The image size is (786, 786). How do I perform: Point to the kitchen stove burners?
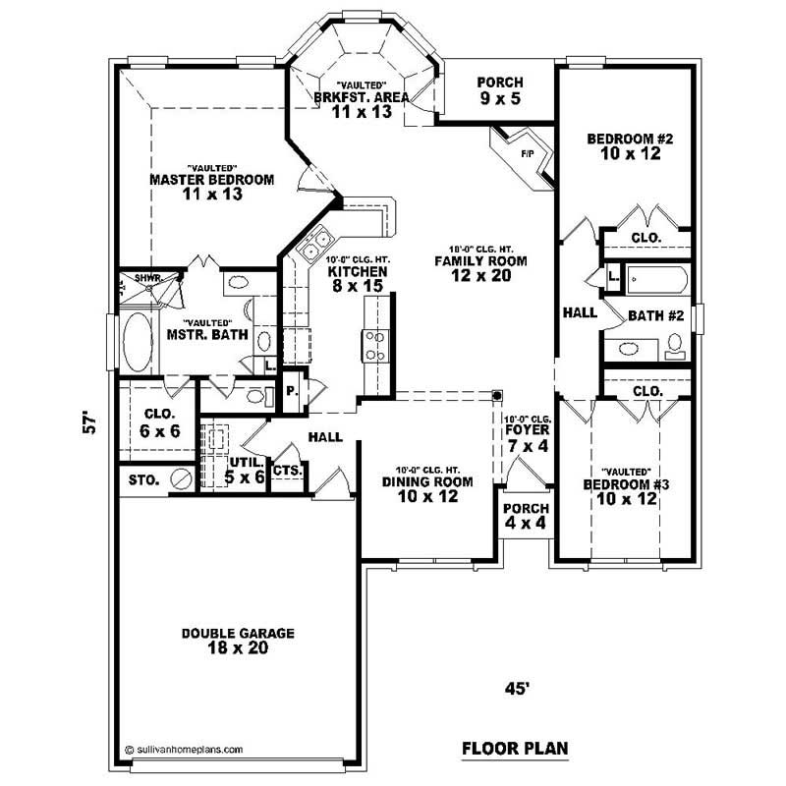coord(375,345)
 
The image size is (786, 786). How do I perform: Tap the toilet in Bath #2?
coord(675,345)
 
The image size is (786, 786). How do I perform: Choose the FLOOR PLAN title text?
coord(515,749)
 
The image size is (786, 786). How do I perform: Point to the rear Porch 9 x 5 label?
coord(500,91)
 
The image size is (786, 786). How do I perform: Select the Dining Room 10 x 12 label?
coord(427,488)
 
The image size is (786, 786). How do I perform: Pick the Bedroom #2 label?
coord(629,146)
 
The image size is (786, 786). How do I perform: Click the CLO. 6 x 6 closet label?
coord(159,421)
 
